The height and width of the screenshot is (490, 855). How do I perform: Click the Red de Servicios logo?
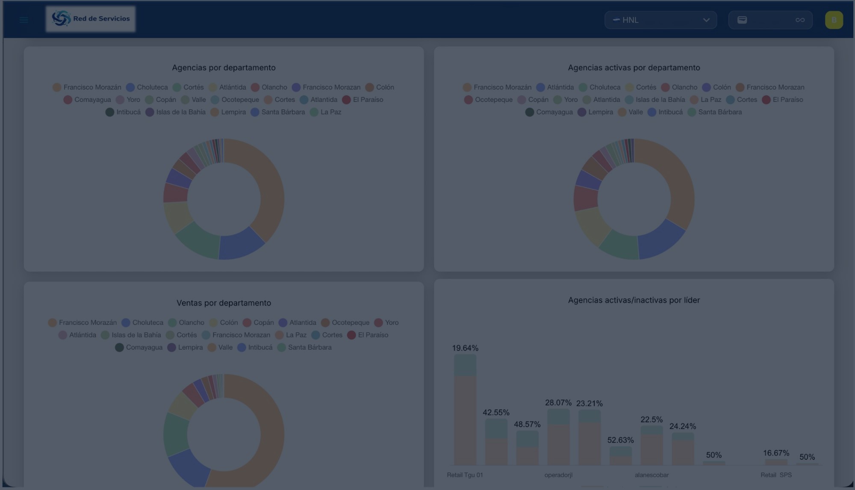click(91, 19)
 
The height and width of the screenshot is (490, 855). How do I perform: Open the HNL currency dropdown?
click(660, 20)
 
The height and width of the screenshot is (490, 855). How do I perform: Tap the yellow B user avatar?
click(834, 20)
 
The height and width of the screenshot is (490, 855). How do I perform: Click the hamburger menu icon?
click(24, 20)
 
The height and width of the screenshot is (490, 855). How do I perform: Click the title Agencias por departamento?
click(224, 68)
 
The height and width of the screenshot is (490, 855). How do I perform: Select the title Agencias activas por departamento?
click(634, 68)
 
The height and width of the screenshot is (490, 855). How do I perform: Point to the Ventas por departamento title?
click(224, 303)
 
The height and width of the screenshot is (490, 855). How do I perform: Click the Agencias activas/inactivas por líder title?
click(634, 300)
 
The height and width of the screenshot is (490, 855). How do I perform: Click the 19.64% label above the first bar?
click(465, 348)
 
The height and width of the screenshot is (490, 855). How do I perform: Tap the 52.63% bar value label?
click(620, 440)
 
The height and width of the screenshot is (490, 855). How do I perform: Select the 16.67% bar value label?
click(776, 453)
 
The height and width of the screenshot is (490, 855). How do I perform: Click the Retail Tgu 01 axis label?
click(465, 475)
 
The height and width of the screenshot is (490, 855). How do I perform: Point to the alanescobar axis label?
click(652, 475)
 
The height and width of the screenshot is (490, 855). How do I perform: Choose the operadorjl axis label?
click(558, 475)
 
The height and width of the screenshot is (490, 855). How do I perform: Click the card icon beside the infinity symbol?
click(742, 20)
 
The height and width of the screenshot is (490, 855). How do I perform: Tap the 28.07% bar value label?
click(558, 403)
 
